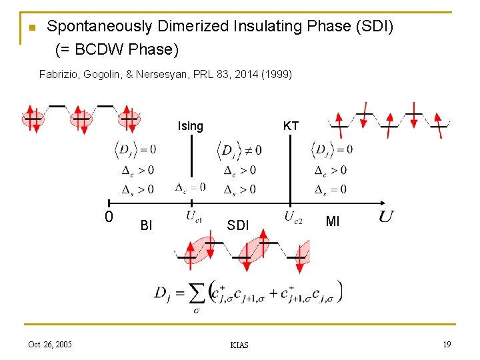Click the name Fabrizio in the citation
tap(59, 74)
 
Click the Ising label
tap(190, 126)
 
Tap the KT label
tap(291, 126)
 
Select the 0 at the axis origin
tap(109, 217)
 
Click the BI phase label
tap(146, 225)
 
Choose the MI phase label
tap(333, 221)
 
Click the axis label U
tap(386, 216)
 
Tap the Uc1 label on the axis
tap(194, 216)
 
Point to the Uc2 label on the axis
tap(293, 216)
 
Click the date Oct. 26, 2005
tap(50, 344)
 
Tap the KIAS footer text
tap(239, 345)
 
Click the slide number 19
tap(446, 344)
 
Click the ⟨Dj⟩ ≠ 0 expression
tap(239, 149)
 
